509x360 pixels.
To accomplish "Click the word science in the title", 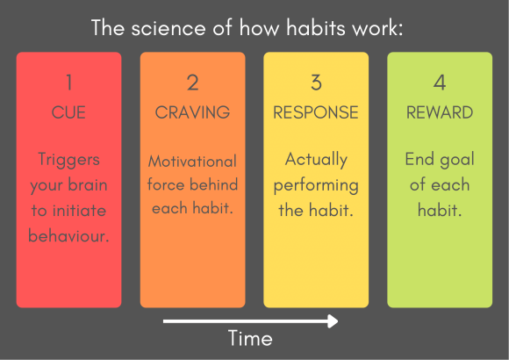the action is pos(168,27).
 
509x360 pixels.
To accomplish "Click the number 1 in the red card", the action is pos(68,83).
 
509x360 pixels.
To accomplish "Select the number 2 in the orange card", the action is pos(193,83).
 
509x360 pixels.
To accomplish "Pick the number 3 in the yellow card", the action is pos(316,83).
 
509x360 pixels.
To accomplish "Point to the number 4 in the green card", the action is pos(440,83).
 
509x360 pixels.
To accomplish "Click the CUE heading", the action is pos(68,112).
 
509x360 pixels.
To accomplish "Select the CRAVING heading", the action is pos(192,112).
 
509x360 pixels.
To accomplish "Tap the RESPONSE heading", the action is pos(316,112).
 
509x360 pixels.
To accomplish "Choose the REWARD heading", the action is pos(440,112).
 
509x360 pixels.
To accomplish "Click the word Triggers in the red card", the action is pos(68,160).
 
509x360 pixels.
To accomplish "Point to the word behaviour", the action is pos(68,235).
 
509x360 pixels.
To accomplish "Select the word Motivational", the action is pos(192,162).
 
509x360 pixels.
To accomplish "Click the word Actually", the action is pos(316,160).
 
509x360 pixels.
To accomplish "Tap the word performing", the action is pos(316,186).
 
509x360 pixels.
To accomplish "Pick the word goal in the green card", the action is pos(457,160).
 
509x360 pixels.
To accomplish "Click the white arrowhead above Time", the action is pos(333,321).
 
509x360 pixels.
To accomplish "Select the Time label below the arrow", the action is pos(250,338).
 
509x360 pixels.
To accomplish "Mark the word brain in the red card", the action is pos(88,184).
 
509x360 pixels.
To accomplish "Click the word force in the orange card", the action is pos(166,184).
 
